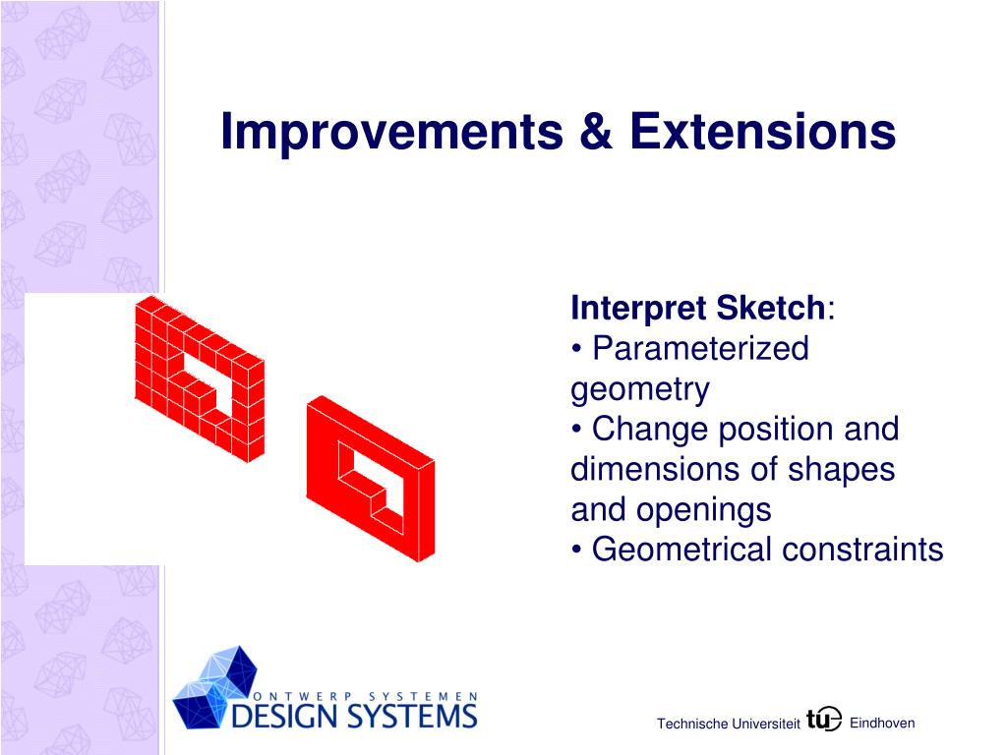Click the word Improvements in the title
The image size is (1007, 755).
coord(391,133)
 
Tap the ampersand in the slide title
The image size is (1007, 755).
coord(596,131)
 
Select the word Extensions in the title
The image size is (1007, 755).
coord(762,131)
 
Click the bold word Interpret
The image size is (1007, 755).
coord(639,309)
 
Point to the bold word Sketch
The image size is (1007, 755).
coord(771,307)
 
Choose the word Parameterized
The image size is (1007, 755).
coord(700,349)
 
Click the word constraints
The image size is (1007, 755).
coord(862,551)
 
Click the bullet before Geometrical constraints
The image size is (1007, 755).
coord(576,551)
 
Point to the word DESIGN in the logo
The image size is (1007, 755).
coord(284,716)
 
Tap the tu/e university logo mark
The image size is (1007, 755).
coord(824,719)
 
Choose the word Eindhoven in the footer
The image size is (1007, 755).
coord(882,723)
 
